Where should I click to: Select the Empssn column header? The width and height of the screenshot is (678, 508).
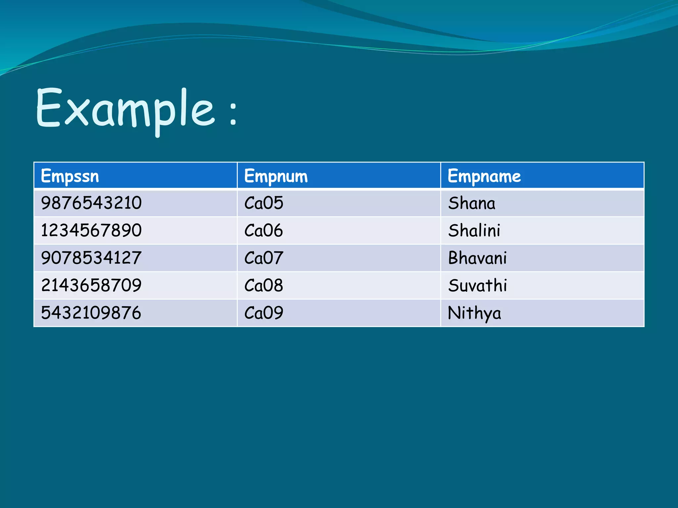[70, 176]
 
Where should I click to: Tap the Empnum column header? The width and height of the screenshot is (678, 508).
[276, 176]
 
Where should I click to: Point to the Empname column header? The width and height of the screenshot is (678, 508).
[484, 176]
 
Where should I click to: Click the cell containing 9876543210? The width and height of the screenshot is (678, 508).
[91, 203]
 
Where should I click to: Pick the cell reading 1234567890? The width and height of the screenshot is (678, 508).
[91, 230]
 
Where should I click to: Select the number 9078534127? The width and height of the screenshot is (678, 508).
[91, 258]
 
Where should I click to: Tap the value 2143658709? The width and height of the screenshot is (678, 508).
[91, 285]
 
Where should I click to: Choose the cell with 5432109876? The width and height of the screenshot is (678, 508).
[91, 313]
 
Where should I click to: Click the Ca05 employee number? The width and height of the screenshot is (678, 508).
[264, 203]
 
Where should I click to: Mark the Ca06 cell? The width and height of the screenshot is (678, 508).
[264, 230]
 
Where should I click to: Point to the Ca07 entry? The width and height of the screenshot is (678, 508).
[264, 258]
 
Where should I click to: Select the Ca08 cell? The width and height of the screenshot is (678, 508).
[264, 285]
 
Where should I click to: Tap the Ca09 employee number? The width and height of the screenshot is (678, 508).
[264, 313]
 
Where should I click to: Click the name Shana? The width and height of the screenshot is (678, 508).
[472, 203]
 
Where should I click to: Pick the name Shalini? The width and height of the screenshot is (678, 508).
[474, 230]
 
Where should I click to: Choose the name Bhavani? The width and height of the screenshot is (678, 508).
[477, 258]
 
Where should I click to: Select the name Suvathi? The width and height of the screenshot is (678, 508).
[477, 285]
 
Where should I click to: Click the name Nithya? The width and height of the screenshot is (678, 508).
[474, 313]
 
